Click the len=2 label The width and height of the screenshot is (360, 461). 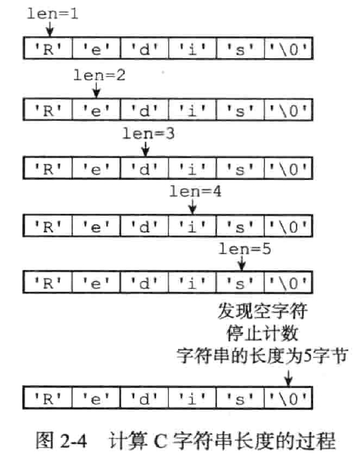(x=99, y=74)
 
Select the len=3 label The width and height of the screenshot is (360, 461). (x=148, y=134)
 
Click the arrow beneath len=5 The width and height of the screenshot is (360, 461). (x=241, y=263)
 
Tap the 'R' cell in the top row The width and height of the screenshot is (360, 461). (x=47, y=47)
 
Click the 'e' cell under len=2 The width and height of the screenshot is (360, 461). (x=95, y=108)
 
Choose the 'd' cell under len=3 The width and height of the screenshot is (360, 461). (x=144, y=166)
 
